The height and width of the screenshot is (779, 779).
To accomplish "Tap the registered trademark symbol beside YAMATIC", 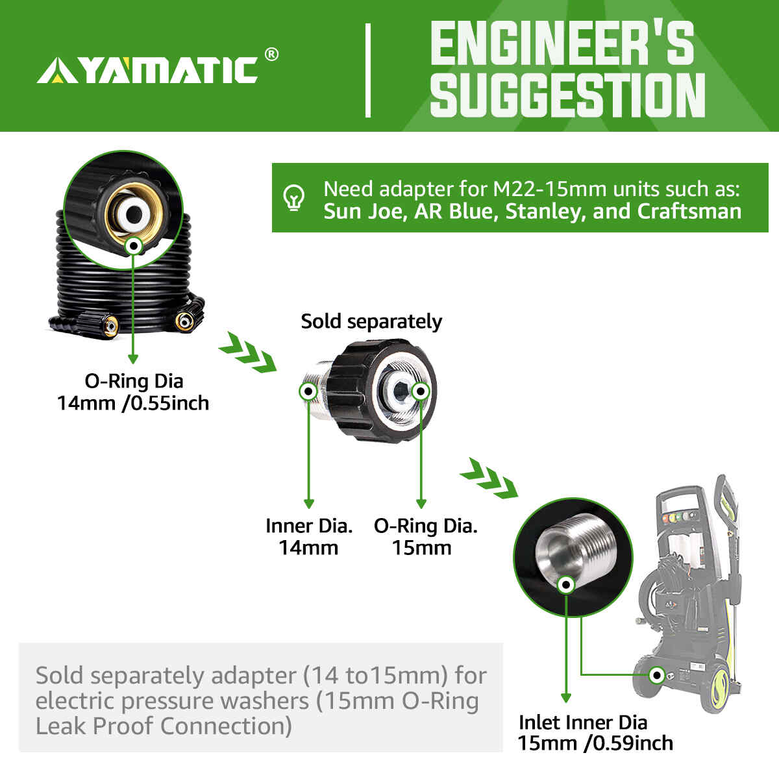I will [272, 55].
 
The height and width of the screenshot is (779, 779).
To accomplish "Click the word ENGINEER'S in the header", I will [561, 43].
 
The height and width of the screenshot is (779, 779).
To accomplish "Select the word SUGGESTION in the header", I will [567, 95].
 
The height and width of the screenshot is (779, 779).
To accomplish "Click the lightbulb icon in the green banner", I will [295, 198].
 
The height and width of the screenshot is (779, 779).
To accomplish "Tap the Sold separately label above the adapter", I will [371, 321].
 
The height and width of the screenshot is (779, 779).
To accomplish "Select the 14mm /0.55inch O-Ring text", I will [133, 403].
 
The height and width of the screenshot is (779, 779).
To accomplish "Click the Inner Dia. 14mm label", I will [309, 536].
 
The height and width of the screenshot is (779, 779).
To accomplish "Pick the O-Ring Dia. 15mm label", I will [425, 536].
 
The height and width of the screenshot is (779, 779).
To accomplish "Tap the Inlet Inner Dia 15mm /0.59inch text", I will [595, 732].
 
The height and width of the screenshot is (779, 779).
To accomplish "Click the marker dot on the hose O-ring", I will [134, 246].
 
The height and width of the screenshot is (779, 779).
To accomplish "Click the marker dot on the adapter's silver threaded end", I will [308, 391].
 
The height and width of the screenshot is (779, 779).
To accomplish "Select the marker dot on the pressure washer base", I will [657, 675].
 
